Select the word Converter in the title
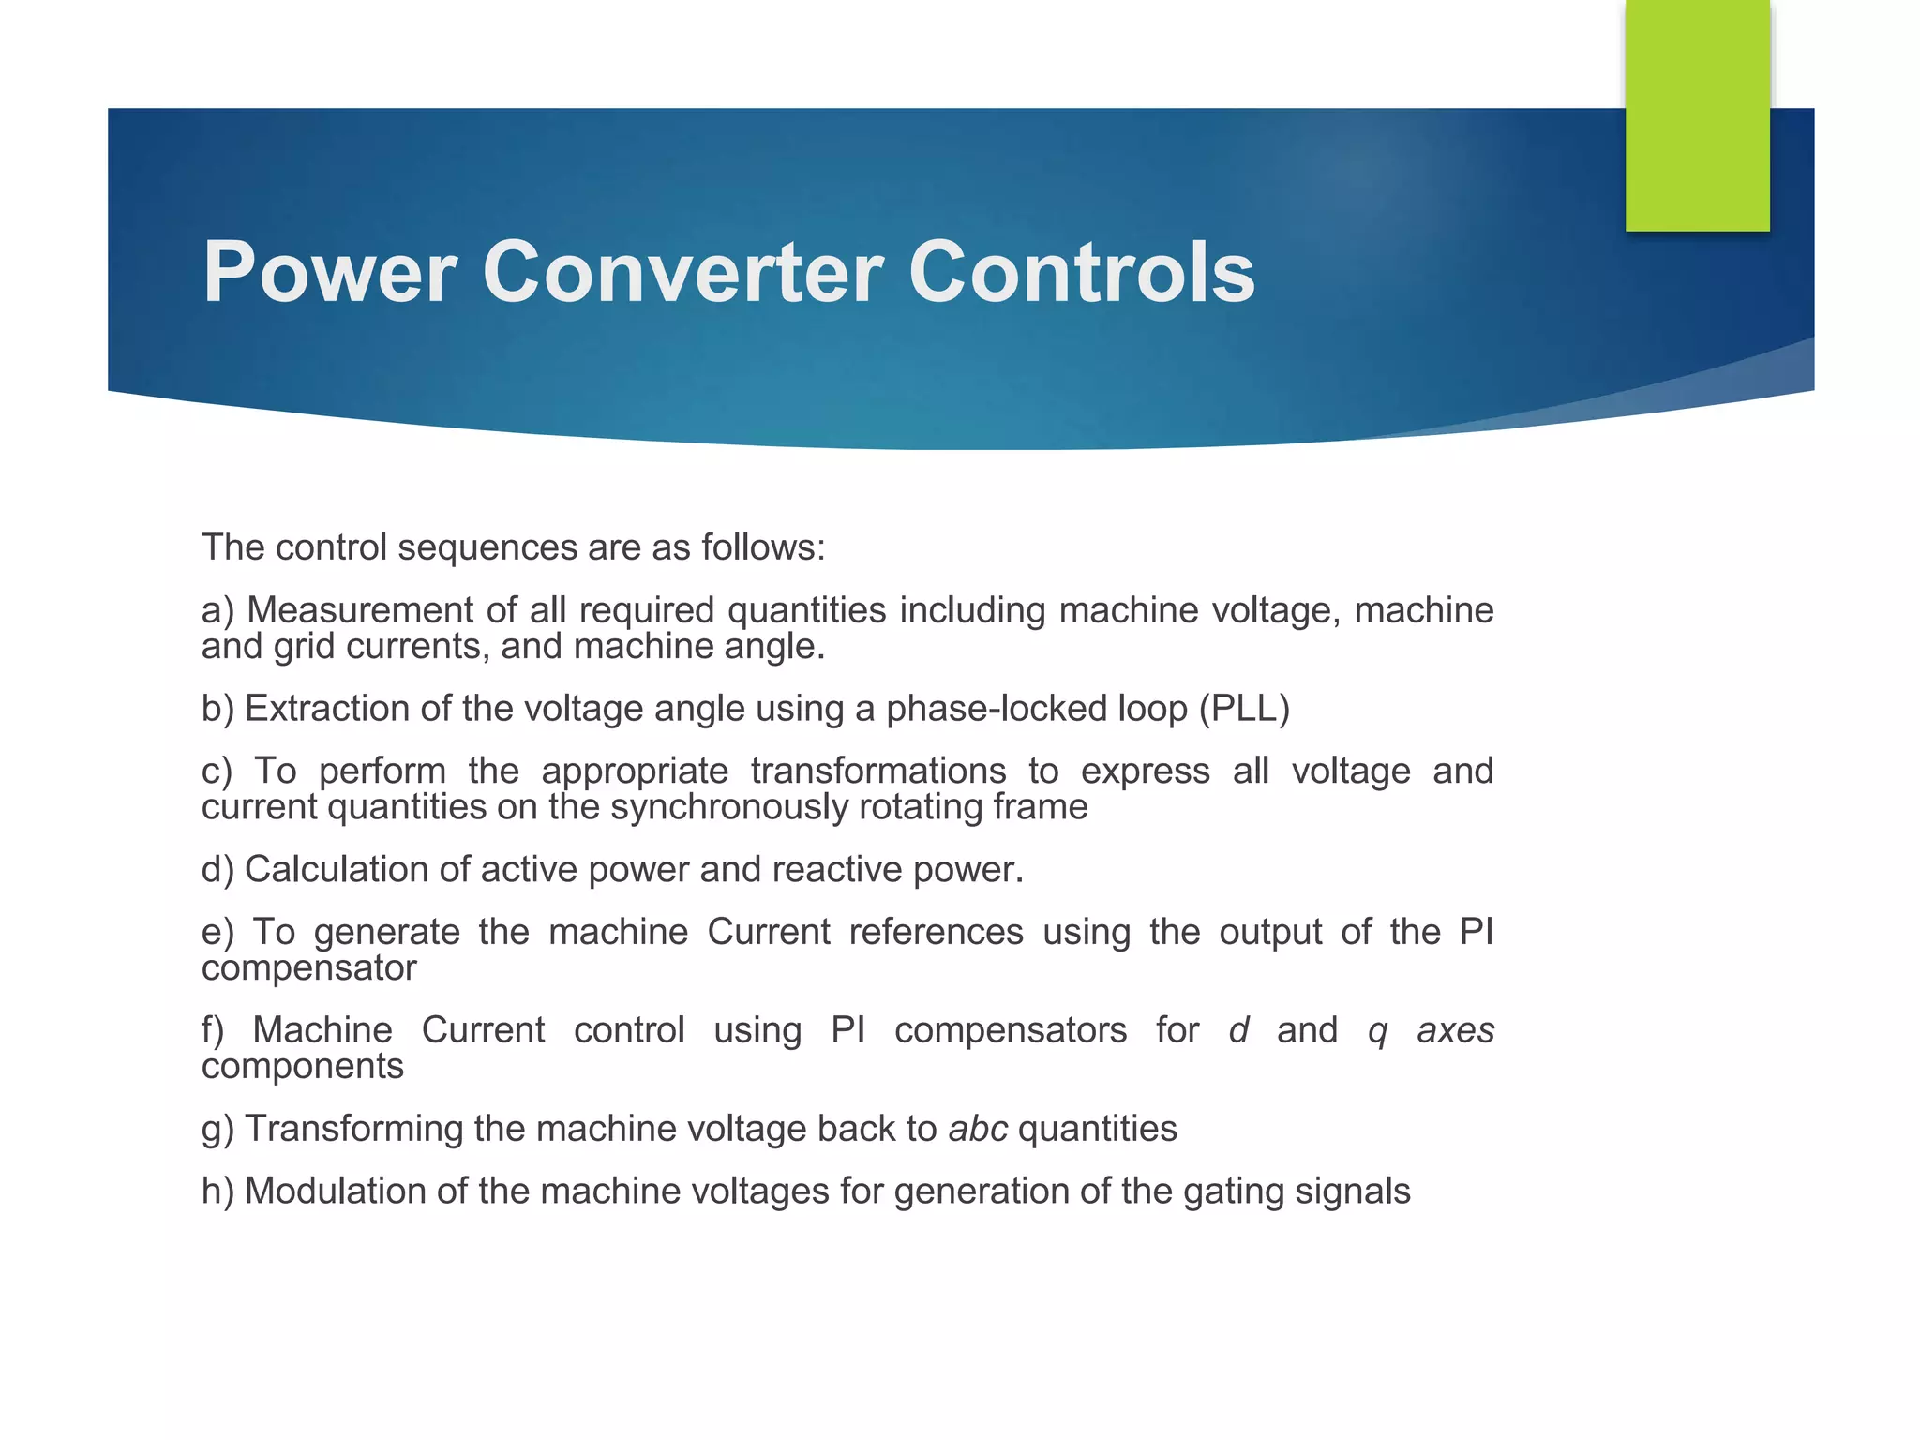[682, 273]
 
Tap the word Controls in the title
[1081, 273]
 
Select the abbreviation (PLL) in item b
[1244, 709]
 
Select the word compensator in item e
[308, 968]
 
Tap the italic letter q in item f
[1376, 1031]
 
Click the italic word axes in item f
[1455, 1031]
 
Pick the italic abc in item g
[978, 1129]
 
